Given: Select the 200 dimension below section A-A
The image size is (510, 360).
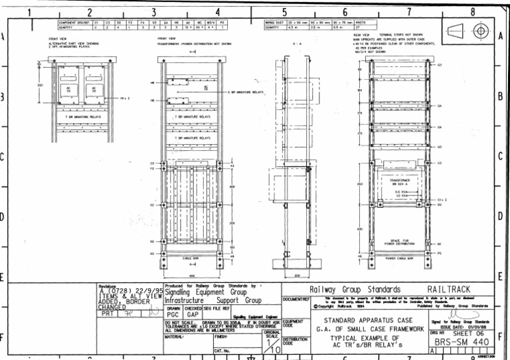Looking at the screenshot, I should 297,275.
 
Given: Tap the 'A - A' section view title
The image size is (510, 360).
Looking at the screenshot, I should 297,43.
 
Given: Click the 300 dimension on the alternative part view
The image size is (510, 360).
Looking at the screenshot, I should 40,86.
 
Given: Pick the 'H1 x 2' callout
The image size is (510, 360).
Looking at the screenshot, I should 125,98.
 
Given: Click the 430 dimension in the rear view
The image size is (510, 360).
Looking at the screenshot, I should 359,230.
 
